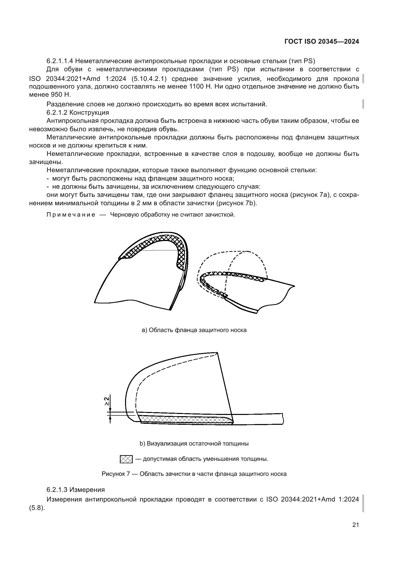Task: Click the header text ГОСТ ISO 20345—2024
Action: tap(322, 42)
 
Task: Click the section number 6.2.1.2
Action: tap(56, 112)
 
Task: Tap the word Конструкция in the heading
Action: tap(89, 112)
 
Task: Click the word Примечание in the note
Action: tap(71, 215)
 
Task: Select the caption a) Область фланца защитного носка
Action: tap(194, 330)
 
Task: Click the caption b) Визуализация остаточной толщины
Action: tap(194, 444)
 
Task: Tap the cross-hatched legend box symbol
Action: tap(126, 459)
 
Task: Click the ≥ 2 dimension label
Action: tap(107, 401)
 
